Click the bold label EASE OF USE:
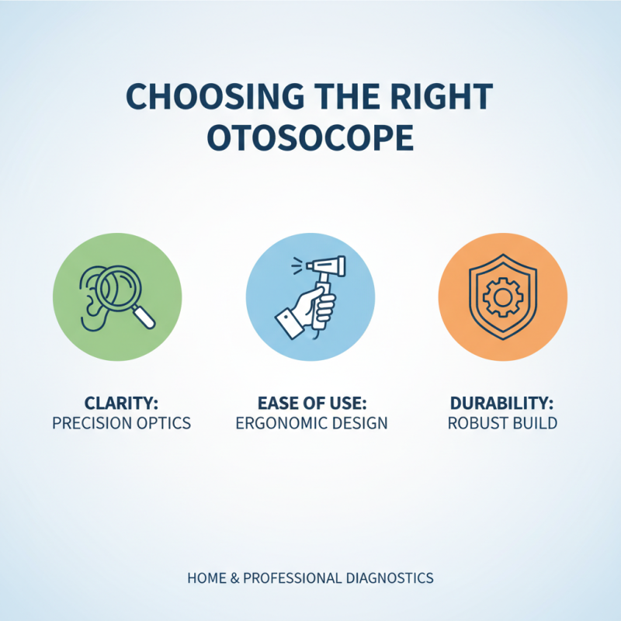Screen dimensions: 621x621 (310, 404)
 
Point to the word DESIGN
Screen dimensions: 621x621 (359, 424)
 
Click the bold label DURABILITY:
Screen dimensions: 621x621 (502, 404)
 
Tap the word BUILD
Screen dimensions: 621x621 (534, 424)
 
